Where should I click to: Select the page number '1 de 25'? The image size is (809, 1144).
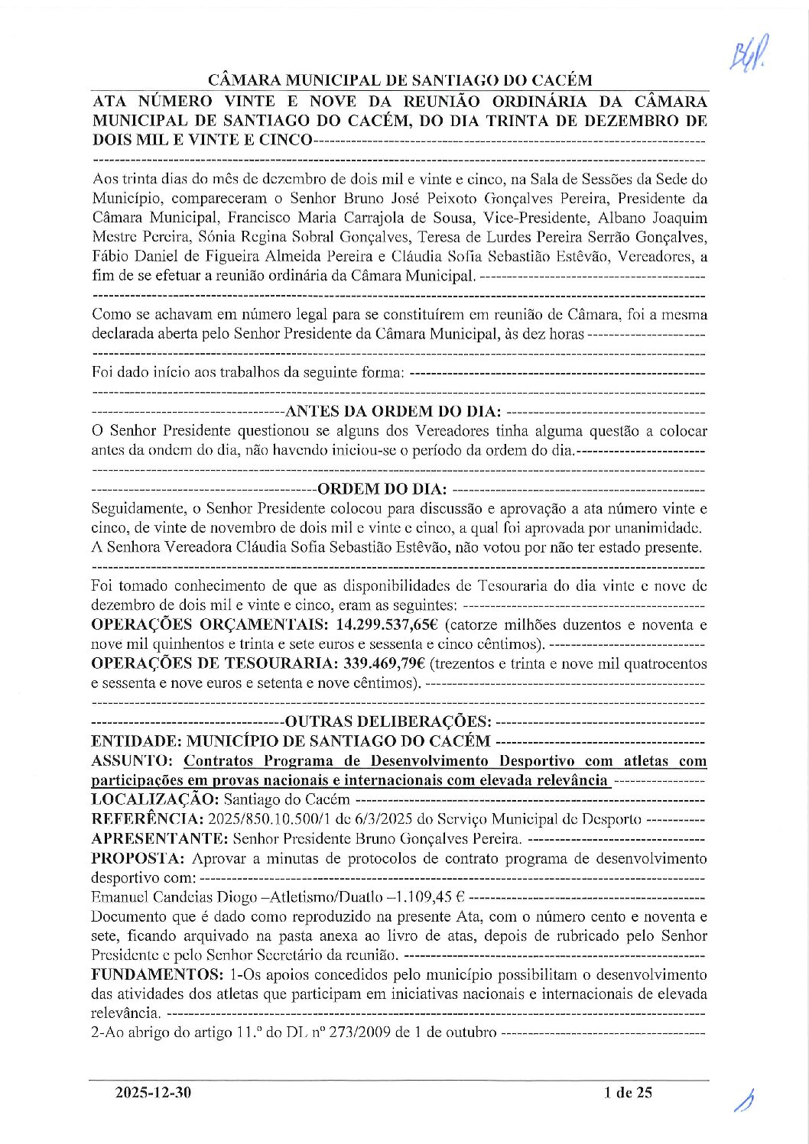[x=627, y=1093]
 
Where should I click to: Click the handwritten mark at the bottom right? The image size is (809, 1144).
[x=745, y=1101]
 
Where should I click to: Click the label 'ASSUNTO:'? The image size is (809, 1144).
[x=134, y=760]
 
